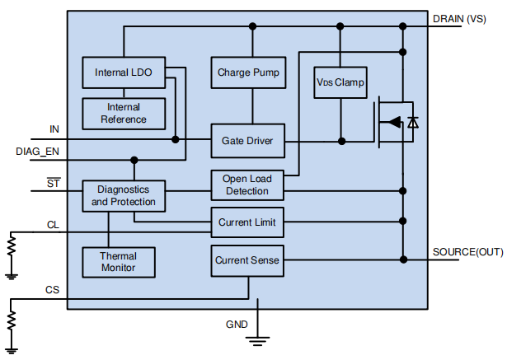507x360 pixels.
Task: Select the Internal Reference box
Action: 124,114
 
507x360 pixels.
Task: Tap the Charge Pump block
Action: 248,72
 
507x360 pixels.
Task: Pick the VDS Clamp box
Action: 340,83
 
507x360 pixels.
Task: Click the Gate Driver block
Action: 247,141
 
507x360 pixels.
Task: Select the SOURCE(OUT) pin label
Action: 467,251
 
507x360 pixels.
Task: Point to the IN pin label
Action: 54,129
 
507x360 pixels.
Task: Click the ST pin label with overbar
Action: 53,183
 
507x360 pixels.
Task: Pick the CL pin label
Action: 53,224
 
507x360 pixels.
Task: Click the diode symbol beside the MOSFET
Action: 413,123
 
